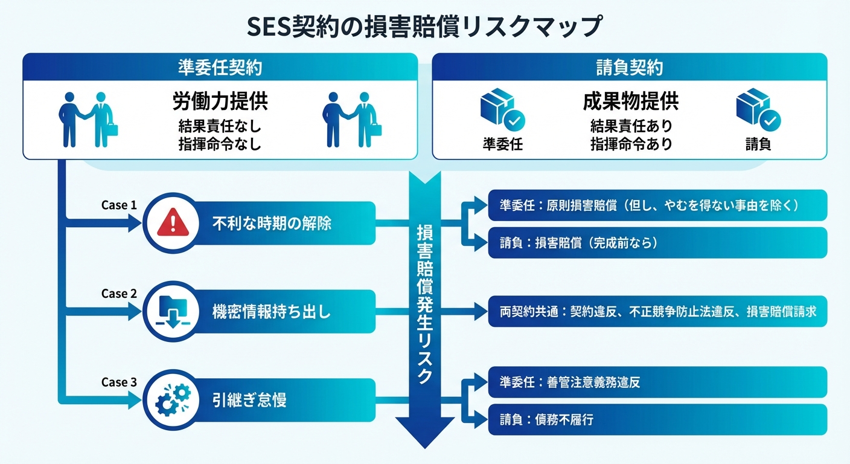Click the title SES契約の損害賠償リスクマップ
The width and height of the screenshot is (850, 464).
425,27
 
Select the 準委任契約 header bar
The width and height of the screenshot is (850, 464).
220,67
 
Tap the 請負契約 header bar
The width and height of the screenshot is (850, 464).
629,67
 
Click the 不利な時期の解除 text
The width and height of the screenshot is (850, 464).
272,224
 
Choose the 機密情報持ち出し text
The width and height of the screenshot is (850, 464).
272,312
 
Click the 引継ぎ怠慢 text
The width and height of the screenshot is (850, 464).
249,399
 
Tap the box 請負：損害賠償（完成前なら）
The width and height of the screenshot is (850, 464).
657,243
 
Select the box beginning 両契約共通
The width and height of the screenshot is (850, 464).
657,312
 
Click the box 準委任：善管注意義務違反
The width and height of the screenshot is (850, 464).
657,382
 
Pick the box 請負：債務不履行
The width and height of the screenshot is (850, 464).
657,419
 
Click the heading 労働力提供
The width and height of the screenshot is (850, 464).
220,101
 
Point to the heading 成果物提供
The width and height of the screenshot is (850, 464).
630,101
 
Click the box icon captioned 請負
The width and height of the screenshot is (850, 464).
757,112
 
